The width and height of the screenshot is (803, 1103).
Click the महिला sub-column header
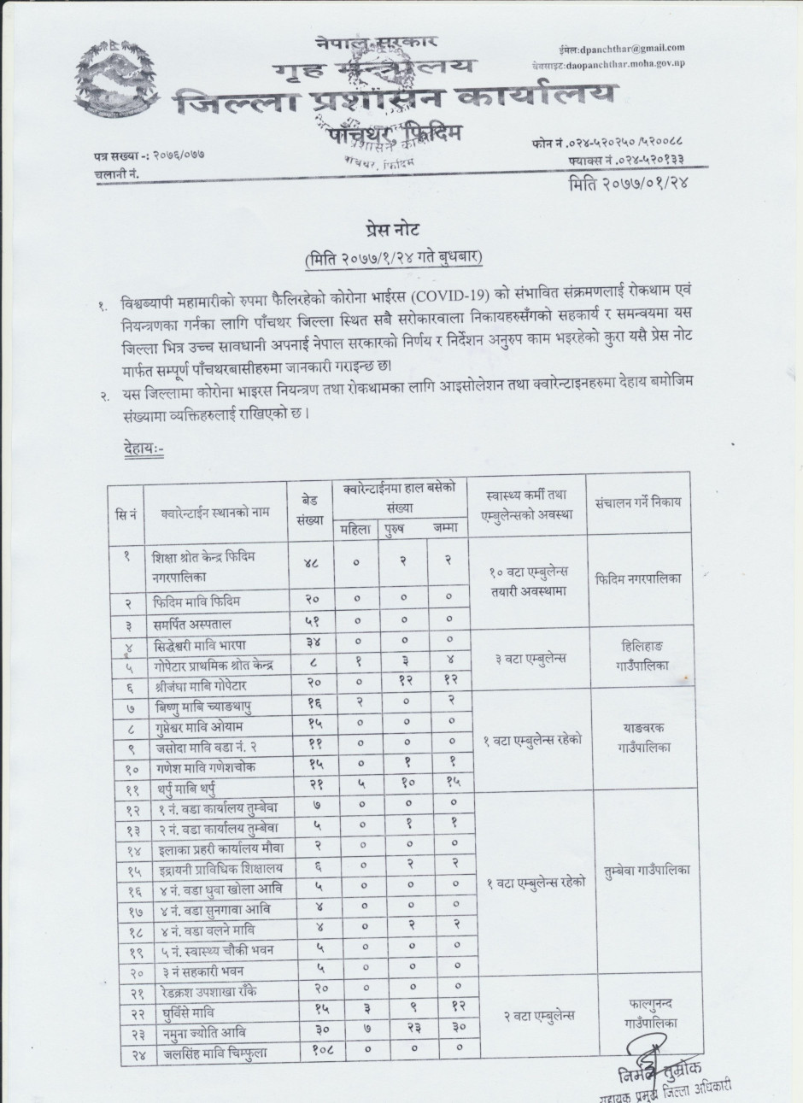click(x=355, y=528)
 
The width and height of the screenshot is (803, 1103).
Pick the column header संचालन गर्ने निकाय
click(x=638, y=502)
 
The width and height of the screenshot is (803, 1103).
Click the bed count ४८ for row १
click(x=313, y=563)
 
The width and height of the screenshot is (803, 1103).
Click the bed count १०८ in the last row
click(x=313, y=1053)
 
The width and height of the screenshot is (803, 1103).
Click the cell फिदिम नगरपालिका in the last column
click(x=638, y=578)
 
